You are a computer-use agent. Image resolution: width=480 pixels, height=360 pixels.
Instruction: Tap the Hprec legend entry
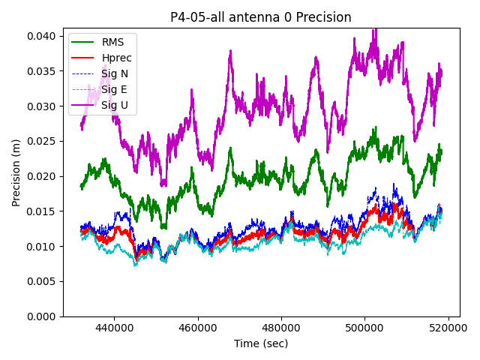pos(116,58)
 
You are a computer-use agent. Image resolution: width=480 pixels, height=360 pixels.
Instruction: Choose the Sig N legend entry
pos(115,73)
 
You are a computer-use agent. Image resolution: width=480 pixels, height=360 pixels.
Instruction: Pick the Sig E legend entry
pos(114,89)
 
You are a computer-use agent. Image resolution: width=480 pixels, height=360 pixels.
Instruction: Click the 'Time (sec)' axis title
pos(260,343)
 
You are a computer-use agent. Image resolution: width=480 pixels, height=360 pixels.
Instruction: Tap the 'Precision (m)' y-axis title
pos(16,172)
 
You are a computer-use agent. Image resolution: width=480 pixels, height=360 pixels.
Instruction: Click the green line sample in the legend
pos(84,42)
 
